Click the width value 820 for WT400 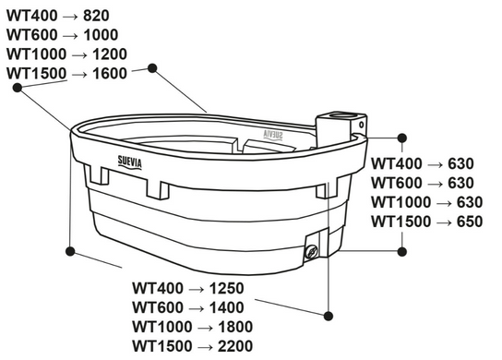point(96,16)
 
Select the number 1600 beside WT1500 point(110,74)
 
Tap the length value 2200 point(235,346)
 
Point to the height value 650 point(470,222)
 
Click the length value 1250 point(227,288)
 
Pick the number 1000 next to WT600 point(101,35)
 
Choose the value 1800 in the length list point(235,327)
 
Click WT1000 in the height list point(400,202)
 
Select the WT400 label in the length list point(158,288)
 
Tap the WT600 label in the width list point(32,35)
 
